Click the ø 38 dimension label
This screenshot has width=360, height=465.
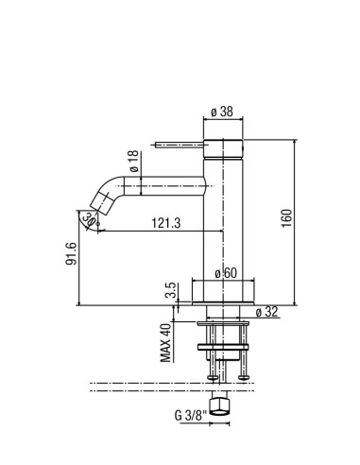(222, 112)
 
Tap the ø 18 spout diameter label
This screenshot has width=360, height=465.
(134, 161)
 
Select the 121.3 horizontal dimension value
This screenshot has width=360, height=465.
(166, 223)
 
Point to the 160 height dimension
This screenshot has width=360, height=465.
(286, 218)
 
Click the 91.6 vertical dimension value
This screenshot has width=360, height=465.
(71, 253)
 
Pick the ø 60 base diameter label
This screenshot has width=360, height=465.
(226, 273)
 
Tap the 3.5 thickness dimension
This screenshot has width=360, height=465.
(170, 290)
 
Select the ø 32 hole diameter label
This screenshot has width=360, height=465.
(267, 312)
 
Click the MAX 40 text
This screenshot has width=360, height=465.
(165, 343)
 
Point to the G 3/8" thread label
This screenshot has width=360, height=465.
(191, 416)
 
